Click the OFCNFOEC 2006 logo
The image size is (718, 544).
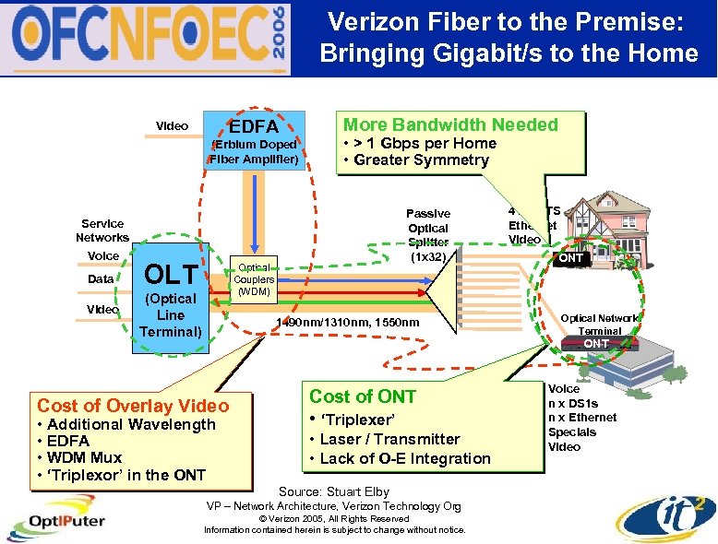tap(148, 38)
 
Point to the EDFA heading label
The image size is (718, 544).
tap(254, 125)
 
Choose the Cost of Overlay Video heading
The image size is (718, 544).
tap(132, 406)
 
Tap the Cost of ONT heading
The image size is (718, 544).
tap(363, 396)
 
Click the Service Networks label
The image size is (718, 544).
tap(102, 231)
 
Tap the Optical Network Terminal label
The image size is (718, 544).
tap(600, 324)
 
